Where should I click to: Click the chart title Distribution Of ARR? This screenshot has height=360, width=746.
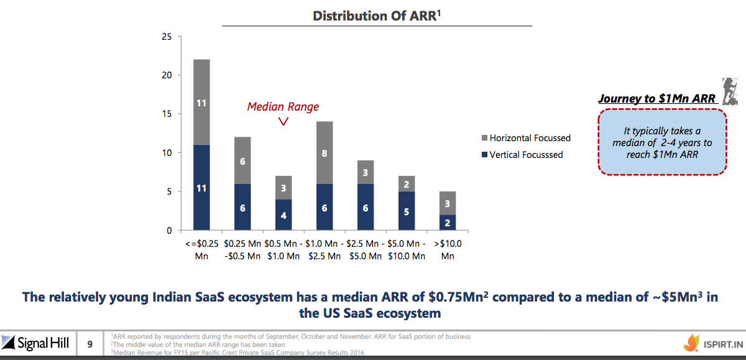coord(377,16)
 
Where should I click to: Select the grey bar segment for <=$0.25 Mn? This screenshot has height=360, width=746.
coord(201,102)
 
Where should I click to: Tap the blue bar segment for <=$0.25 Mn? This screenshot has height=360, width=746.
coord(201,187)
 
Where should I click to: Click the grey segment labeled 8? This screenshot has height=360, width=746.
coord(325,152)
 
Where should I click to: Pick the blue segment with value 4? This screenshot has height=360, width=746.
coord(283,215)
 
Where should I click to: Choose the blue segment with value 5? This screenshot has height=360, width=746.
coord(407,211)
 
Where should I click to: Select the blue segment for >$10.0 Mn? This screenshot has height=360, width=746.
coord(448,223)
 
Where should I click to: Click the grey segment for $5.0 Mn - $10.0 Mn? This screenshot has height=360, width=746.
coord(407,183)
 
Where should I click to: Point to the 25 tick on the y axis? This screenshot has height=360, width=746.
coord(166,36)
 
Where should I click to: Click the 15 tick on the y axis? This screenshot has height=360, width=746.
coord(166,114)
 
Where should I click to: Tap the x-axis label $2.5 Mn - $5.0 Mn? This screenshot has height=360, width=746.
coord(366,249)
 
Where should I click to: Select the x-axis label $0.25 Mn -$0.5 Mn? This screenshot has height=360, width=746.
coord(242,249)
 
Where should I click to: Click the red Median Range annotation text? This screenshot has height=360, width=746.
coord(283,106)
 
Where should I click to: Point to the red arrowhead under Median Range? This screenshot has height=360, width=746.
coord(283,121)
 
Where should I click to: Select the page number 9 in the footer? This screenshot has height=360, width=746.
coord(90,343)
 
